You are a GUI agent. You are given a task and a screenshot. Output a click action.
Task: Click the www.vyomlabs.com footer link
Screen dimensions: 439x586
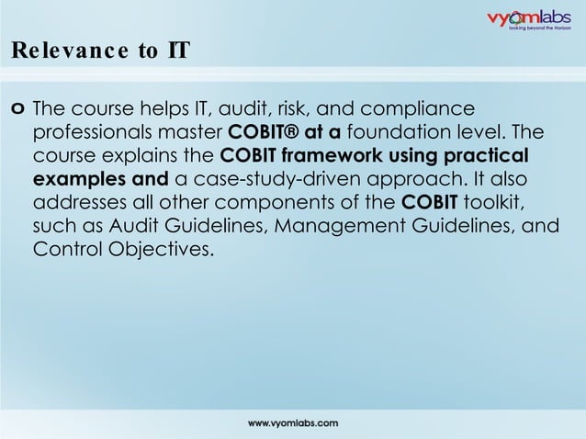[293, 422]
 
